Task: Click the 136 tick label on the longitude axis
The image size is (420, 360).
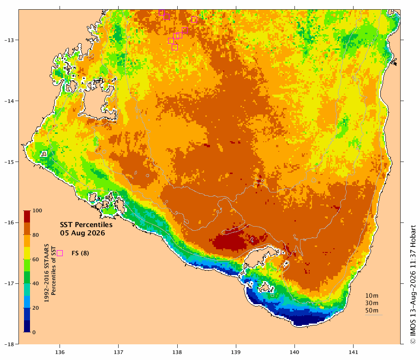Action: [60, 352]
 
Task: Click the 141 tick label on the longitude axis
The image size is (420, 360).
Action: [353, 352]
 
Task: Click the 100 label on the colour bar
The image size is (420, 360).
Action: [37, 210]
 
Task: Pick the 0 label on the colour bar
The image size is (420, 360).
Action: [34, 332]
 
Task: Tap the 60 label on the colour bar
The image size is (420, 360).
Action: [36, 259]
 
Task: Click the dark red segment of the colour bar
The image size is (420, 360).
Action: [26, 217]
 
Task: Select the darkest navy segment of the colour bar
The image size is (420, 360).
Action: [26, 326]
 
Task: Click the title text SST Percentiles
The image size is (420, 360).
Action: [86, 225]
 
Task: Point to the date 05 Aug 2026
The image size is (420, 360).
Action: [83, 233]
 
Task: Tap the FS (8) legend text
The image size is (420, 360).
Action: [80, 253]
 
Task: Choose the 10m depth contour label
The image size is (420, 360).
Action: [372, 296]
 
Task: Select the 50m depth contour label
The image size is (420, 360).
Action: [372, 311]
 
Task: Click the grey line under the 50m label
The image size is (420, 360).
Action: [374, 315]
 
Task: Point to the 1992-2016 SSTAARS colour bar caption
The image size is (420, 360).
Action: [47, 273]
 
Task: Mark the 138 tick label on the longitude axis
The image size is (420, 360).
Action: [177, 352]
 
